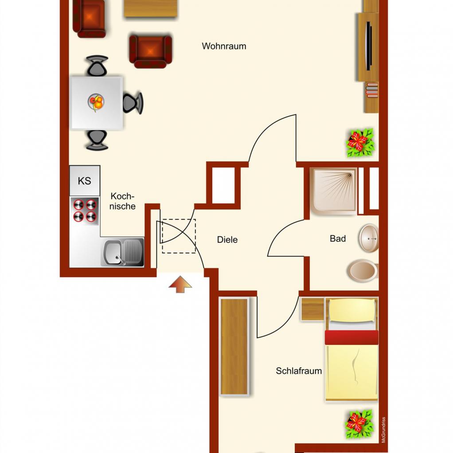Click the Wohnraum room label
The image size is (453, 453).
coord(224,46)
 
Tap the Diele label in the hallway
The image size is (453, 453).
coord(227,239)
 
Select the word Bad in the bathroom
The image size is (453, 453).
coord(338,238)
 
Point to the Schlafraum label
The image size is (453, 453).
coord(299,371)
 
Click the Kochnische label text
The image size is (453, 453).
coord(122,201)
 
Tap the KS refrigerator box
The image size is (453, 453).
coord(85,180)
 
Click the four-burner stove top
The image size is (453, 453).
coord(84,211)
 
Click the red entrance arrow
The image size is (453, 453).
coord(180,284)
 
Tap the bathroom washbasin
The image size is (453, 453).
coord(368,238)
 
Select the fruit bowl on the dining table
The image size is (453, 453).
coord(96,102)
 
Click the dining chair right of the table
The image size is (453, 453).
coord(133,103)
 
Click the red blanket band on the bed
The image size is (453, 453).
coord(351,337)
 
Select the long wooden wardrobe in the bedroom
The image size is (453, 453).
coord(234,347)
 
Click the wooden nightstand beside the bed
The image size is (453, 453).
coord(312,309)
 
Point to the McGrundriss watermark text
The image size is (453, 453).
coord(383,430)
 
